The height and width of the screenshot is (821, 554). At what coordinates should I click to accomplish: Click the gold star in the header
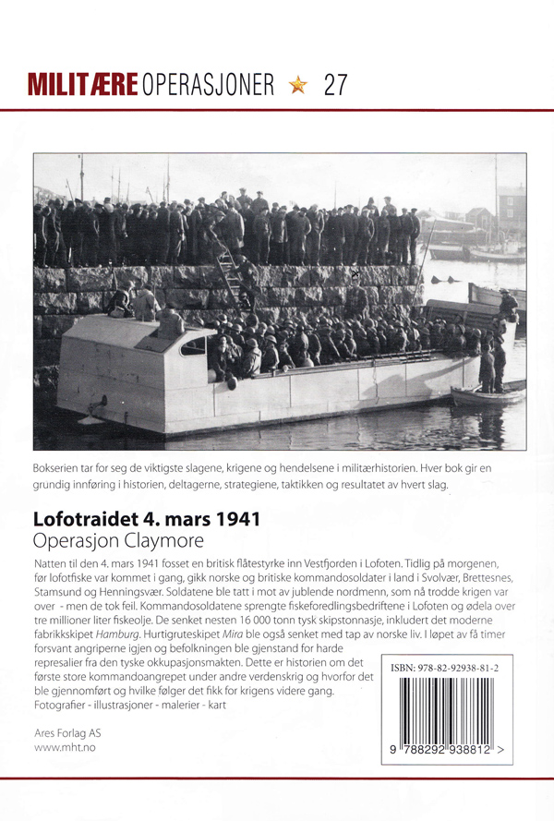click(297, 86)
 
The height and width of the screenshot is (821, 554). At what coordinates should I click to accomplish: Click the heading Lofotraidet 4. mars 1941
click(146, 518)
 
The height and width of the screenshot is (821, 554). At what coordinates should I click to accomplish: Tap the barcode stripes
click(447, 709)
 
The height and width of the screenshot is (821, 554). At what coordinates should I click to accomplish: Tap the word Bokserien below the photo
click(60, 468)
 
